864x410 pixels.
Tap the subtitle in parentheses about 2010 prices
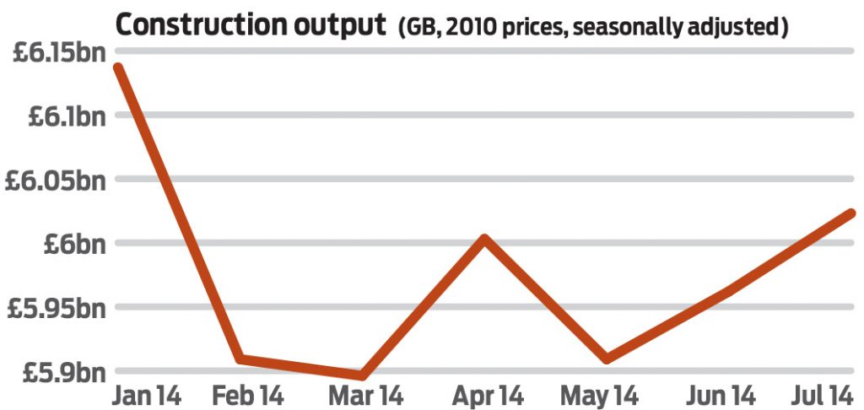[593, 28]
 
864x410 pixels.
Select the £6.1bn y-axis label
[61, 116]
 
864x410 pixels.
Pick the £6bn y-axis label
[72, 244]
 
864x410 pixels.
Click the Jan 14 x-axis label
[147, 395]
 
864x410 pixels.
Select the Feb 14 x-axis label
[247, 395]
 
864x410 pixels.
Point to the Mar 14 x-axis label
[364, 395]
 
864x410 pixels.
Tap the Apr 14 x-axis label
[487, 395]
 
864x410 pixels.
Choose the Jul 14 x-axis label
[824, 395]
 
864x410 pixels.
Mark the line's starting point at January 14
[119, 67]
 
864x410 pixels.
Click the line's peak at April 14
[484, 240]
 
